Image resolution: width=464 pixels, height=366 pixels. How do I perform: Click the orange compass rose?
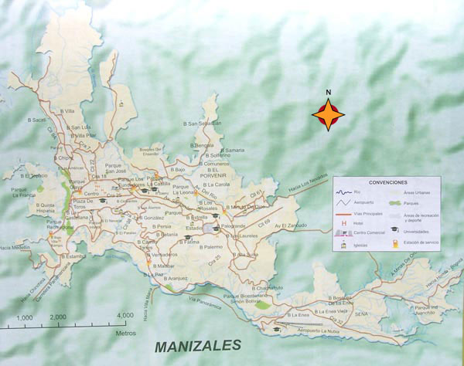pyautogui.click(x=329, y=115)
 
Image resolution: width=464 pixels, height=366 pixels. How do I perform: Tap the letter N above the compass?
pyautogui.click(x=329, y=93)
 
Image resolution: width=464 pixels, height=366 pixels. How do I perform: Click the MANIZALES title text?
pyautogui.click(x=197, y=344)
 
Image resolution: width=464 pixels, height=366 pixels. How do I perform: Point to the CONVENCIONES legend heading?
pyautogui.click(x=387, y=183)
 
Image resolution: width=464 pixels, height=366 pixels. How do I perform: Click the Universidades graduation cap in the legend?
pyautogui.click(x=394, y=229)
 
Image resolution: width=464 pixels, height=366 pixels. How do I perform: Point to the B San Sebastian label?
pyautogui.click(x=202, y=123)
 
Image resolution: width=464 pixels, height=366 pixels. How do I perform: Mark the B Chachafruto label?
pyautogui.click(x=267, y=287)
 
